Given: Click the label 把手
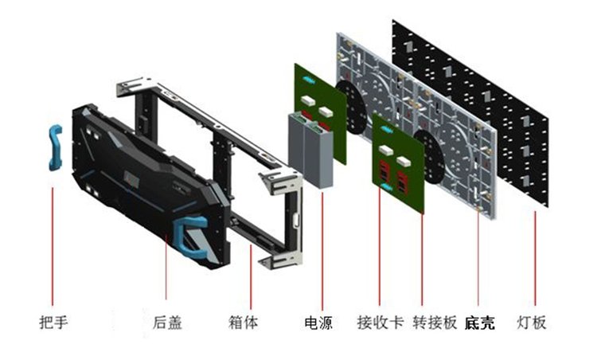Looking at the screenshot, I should pos(53,323).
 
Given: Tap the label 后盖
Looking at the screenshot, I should pos(167,323).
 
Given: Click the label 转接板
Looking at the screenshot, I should pos(435,323).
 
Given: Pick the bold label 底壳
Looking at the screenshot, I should pos(480,323).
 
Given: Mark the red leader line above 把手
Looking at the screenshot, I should pos(53,239).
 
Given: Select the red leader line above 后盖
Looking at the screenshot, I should pos(167,279).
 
